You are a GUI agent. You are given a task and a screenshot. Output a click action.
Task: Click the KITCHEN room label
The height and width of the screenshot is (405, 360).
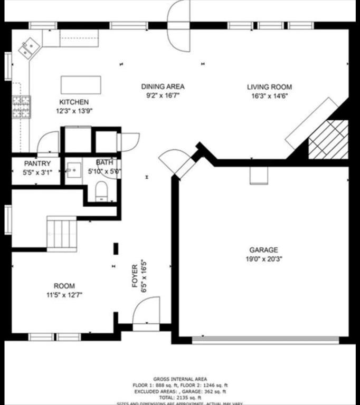point(74,102)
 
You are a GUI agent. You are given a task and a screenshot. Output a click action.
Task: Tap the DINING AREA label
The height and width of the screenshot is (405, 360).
point(163,86)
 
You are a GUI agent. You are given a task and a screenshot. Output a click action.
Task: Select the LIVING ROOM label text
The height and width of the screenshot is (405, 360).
point(269,87)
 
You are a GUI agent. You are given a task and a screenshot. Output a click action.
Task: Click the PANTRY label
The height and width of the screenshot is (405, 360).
point(37,163)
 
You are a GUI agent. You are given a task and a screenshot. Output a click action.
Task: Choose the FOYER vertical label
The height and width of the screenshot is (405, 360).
point(135,275)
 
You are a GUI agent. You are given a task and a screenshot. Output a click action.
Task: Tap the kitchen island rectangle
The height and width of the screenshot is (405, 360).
point(81,85)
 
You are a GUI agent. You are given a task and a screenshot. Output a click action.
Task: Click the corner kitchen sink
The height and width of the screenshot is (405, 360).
point(29,49)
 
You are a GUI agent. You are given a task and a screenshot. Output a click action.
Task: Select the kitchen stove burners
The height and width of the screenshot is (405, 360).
point(21,107)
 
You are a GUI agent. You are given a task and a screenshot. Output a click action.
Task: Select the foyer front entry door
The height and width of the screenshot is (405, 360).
point(146,315)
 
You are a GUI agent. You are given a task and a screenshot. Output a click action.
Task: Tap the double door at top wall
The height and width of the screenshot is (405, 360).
point(178,25)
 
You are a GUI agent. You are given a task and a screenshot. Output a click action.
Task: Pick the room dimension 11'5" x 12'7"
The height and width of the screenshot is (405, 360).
point(64,295)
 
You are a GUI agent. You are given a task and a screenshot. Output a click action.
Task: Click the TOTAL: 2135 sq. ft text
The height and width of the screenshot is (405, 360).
point(180,397)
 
